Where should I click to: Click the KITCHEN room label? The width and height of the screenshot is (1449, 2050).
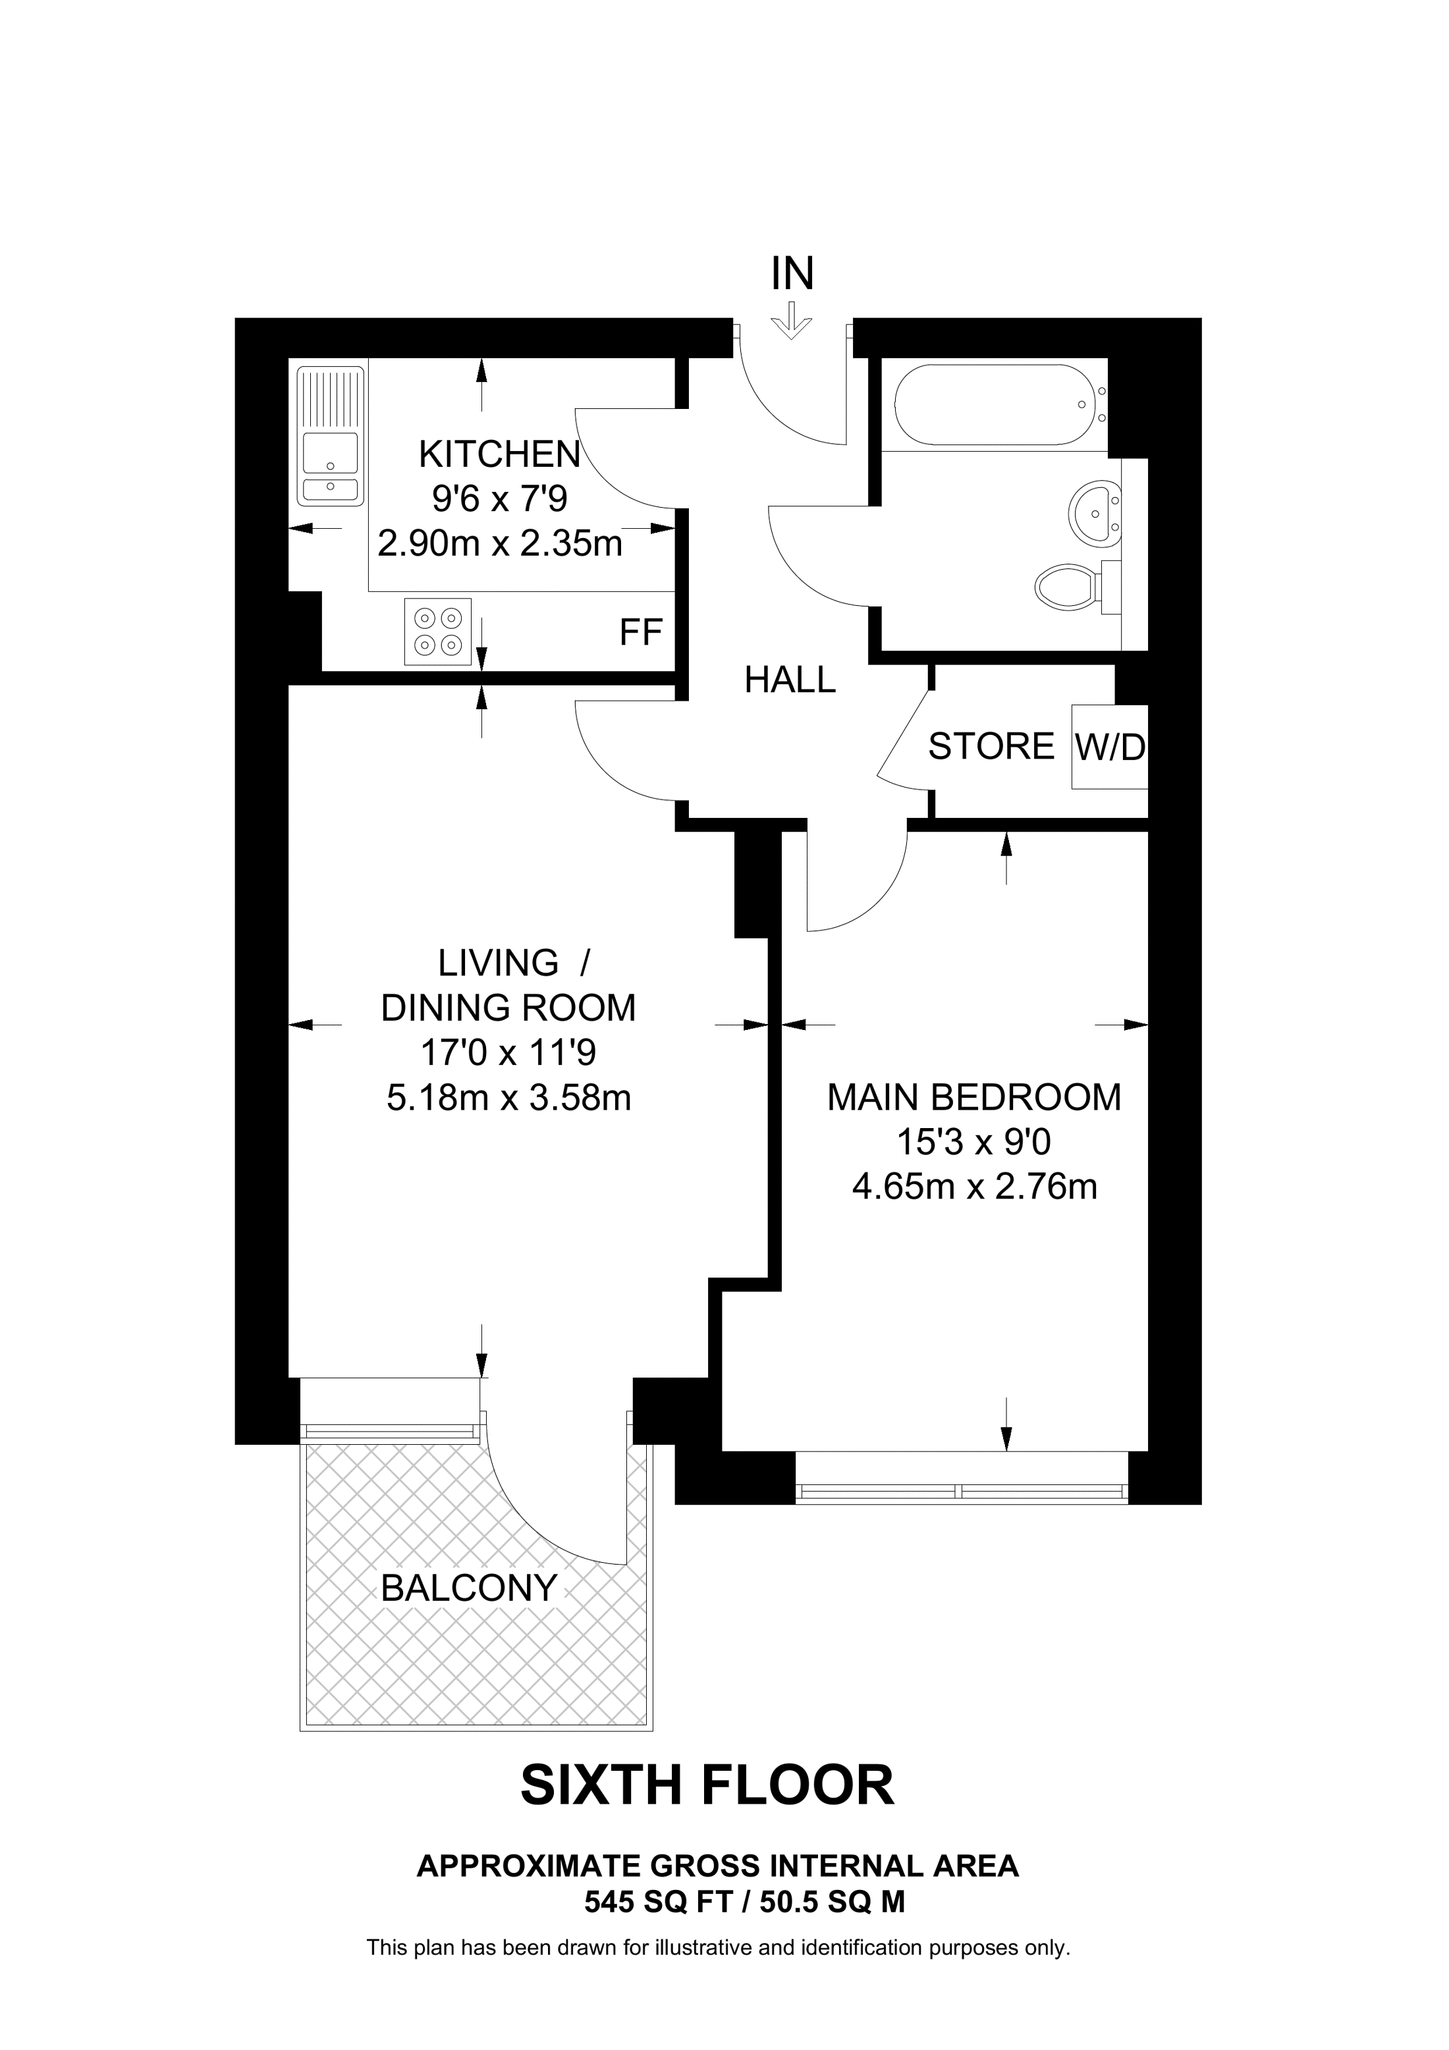[x=499, y=454]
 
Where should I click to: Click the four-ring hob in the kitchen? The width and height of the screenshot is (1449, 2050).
[x=437, y=632]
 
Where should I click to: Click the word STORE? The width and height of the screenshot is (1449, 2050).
[x=991, y=746]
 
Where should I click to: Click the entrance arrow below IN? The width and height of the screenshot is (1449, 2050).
[x=791, y=321]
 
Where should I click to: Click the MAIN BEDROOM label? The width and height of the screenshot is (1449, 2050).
[x=974, y=1097]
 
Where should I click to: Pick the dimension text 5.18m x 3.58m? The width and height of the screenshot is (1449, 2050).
[x=508, y=1097]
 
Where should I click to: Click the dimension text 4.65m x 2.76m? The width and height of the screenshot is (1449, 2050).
[x=974, y=1187]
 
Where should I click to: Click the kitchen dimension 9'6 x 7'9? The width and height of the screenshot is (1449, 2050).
[x=499, y=499]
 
